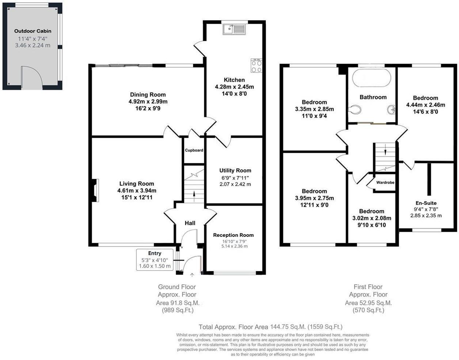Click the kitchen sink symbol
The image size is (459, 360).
234,29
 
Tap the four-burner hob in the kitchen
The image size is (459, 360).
256,66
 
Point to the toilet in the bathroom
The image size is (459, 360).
354,109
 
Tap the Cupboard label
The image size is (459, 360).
194,150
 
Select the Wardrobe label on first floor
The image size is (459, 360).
385,182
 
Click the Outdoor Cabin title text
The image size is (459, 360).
33,31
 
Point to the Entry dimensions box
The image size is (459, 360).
155,260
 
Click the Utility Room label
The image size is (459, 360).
235,170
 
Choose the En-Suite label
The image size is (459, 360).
426,203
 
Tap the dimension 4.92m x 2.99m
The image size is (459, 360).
148,102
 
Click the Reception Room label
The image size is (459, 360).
233,235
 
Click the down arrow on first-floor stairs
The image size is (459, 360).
385,150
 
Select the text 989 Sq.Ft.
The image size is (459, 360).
178,310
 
